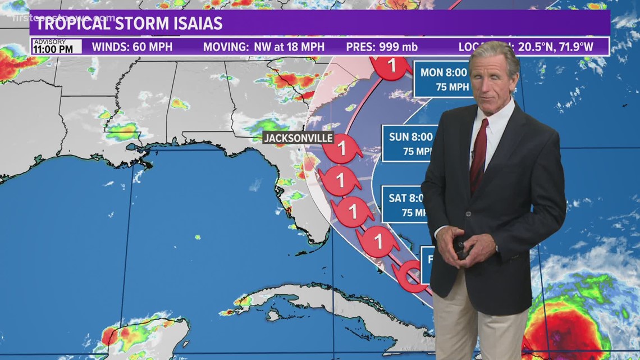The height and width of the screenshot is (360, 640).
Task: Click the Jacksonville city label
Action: coord(299,138)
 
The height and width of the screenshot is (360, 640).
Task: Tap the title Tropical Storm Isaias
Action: coord(130,24)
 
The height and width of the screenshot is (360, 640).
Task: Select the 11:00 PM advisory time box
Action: coord(56,47)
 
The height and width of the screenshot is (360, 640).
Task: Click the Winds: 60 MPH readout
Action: coord(132,47)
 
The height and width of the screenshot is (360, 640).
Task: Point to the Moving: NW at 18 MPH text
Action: coord(263,47)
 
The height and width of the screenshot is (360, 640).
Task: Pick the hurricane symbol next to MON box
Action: coord(392,66)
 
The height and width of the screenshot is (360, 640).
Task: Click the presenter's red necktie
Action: coord(479,154)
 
